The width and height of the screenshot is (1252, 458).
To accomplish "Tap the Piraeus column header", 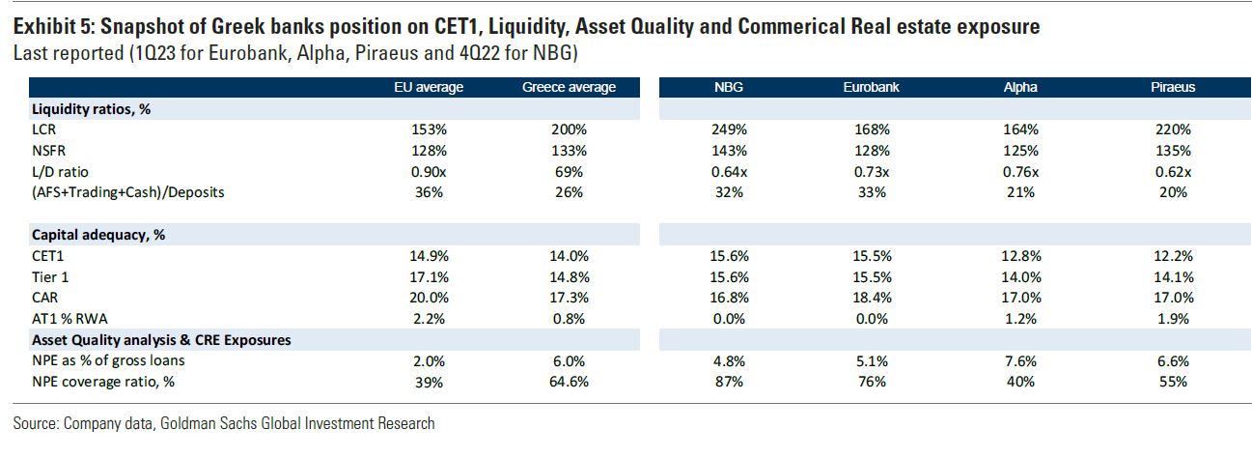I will (x=1172, y=87).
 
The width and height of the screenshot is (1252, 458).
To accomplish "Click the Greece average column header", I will (x=568, y=87).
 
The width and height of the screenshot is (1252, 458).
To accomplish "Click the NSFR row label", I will (x=49, y=151).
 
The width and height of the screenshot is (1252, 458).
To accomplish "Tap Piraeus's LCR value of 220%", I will (x=1172, y=129).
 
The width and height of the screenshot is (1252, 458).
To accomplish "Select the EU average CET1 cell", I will (x=429, y=256).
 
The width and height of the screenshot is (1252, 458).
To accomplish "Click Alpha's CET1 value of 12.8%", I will (x=1020, y=256).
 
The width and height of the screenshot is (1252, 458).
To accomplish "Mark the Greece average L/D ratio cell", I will (x=568, y=171).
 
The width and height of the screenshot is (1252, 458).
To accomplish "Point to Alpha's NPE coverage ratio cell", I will (x=1020, y=382).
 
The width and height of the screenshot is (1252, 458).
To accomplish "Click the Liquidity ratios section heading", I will (x=91, y=109).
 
